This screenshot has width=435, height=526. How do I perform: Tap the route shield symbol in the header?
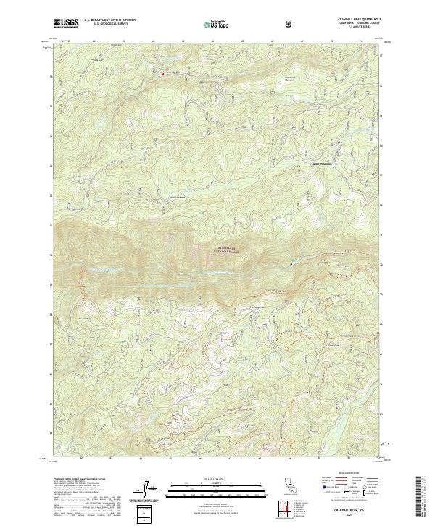click(289, 24)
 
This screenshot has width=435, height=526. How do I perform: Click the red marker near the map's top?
click(162, 73)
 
